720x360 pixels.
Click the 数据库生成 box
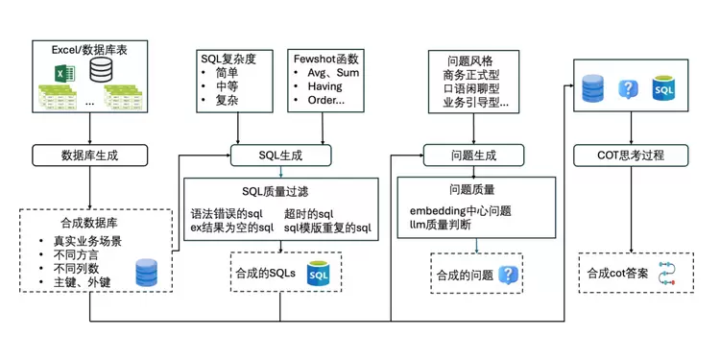(90, 154)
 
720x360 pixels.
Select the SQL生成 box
(281, 154)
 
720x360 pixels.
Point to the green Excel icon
(60, 71)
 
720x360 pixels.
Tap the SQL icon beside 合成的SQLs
(320, 274)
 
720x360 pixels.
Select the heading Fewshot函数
(325, 58)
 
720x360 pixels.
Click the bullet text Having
(323, 86)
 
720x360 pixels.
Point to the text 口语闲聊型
(470, 87)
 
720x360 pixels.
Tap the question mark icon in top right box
(628, 90)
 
